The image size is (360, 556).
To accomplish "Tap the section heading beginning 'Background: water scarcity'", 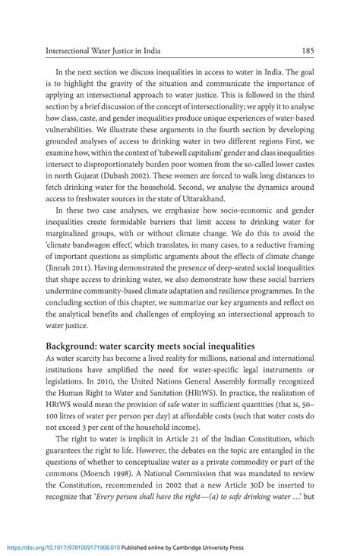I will [x=150, y=346].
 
